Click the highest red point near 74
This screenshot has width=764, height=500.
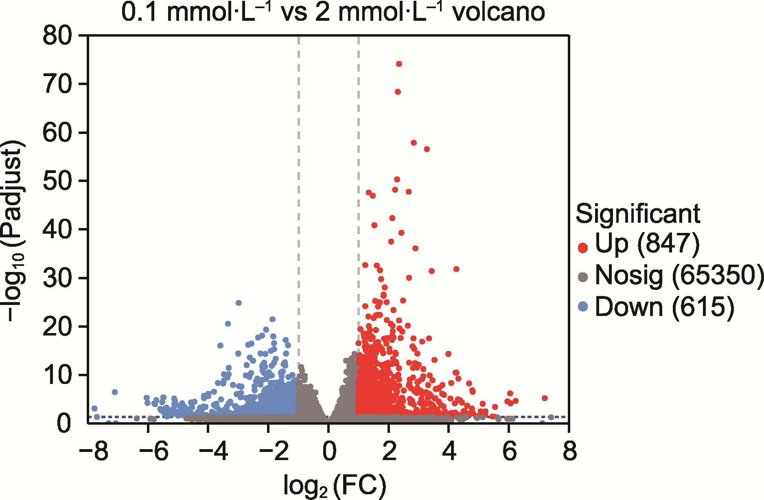pos(399,64)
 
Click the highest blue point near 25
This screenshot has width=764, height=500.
pos(239,303)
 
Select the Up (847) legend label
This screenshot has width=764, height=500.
pos(647,243)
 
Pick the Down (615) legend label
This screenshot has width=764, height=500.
pos(664,306)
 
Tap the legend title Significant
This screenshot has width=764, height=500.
pos(638,213)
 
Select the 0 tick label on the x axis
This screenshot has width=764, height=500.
pos(329,451)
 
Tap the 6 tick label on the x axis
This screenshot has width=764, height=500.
pos(509,451)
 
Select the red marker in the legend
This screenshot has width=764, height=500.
pos(583,247)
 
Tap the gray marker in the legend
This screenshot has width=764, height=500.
pos(583,277)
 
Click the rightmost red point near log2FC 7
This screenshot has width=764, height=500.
pos(545,398)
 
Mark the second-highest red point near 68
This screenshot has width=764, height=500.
pos(398,92)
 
